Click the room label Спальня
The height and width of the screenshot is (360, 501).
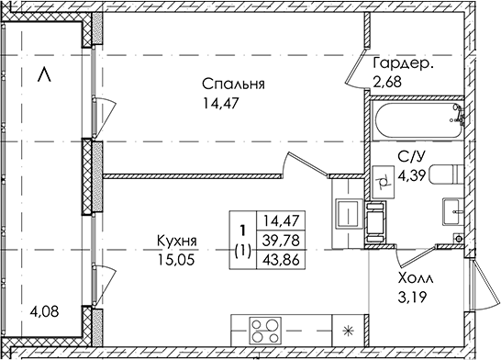click(x=233, y=84)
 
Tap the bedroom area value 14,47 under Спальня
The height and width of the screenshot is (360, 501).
click(x=221, y=103)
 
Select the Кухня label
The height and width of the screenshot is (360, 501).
click(x=177, y=241)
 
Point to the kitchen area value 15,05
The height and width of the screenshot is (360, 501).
click(x=176, y=260)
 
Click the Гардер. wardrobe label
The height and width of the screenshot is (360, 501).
click(x=404, y=64)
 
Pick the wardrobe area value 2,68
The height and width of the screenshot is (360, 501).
click(x=387, y=82)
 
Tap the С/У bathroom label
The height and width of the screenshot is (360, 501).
click(x=411, y=157)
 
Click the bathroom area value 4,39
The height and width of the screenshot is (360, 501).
click(x=412, y=175)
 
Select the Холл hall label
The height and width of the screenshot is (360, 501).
click(x=416, y=279)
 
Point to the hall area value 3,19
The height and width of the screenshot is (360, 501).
click(x=412, y=298)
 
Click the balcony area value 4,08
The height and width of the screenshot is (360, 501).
click(x=44, y=311)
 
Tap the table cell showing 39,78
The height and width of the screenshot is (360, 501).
click(x=281, y=240)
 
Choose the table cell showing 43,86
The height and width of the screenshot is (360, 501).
click(x=281, y=260)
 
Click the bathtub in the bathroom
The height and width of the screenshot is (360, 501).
click(x=419, y=121)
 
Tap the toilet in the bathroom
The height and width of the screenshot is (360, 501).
click(x=446, y=174)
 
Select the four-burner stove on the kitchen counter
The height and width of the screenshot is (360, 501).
click(x=265, y=331)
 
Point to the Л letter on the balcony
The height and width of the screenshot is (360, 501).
click(x=44, y=74)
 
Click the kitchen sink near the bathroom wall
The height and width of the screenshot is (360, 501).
click(x=349, y=213)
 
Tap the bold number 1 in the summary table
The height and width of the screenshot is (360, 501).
click(x=243, y=230)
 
